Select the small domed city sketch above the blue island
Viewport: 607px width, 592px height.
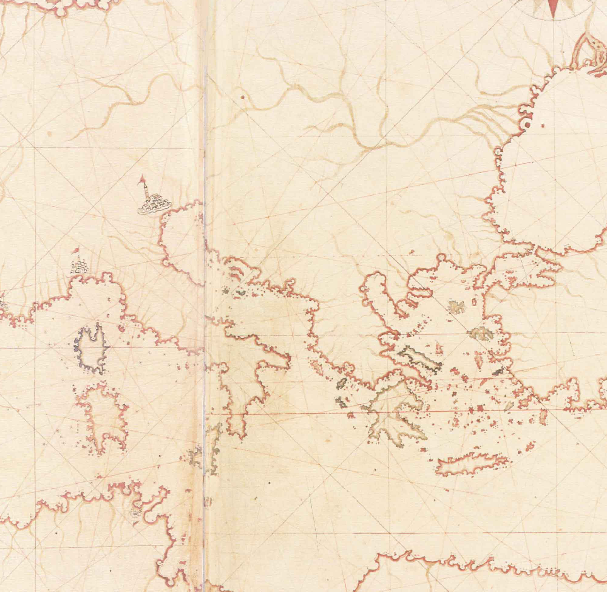79,267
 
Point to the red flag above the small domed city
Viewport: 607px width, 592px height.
76,250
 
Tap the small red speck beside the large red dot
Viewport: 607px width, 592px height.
543,126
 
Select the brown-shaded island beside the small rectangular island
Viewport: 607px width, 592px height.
456,307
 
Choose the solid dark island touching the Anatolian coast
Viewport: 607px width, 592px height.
499,371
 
